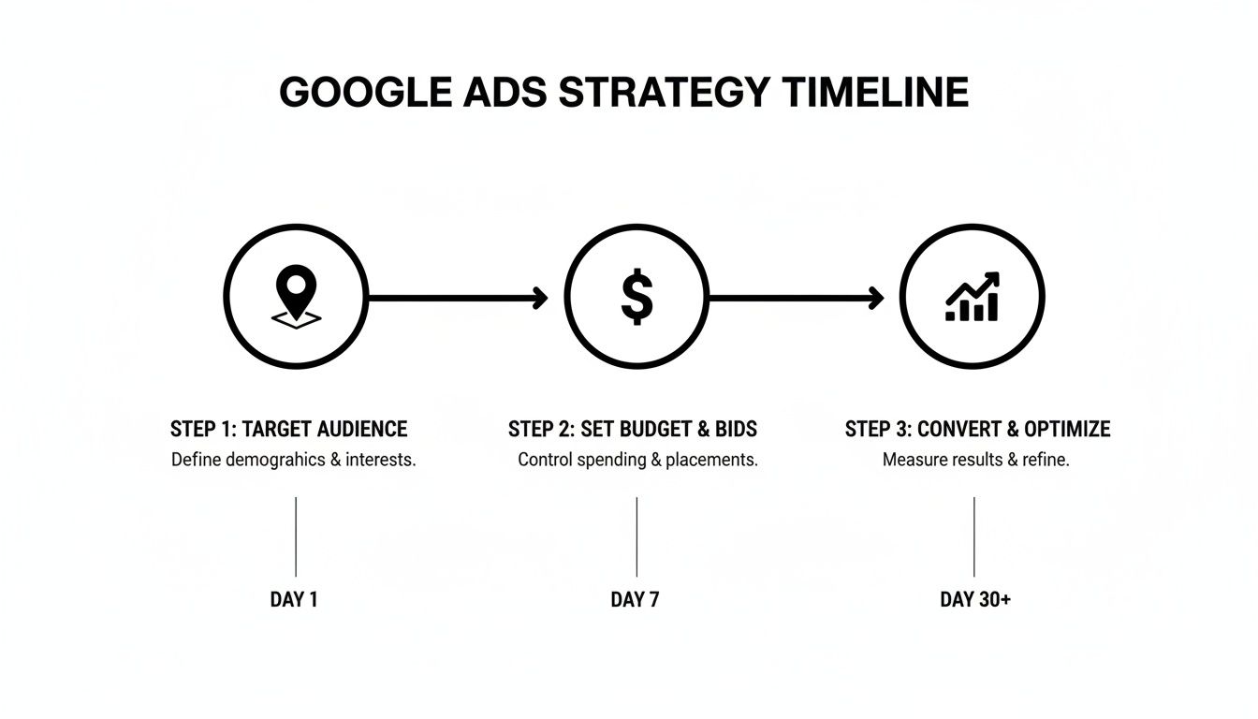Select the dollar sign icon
(x=636, y=297)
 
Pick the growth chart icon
(x=973, y=297)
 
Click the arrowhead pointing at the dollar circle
(x=540, y=299)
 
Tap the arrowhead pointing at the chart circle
(x=876, y=299)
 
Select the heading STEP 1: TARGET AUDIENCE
(x=288, y=430)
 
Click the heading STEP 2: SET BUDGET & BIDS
(x=633, y=430)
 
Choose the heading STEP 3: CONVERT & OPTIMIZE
(x=977, y=430)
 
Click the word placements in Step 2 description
(x=710, y=461)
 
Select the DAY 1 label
(x=294, y=600)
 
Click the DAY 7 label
(x=635, y=600)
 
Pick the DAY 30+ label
(x=975, y=600)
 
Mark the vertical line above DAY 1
(x=296, y=536)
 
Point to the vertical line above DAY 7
(x=636, y=536)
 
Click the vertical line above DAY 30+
(x=974, y=536)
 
